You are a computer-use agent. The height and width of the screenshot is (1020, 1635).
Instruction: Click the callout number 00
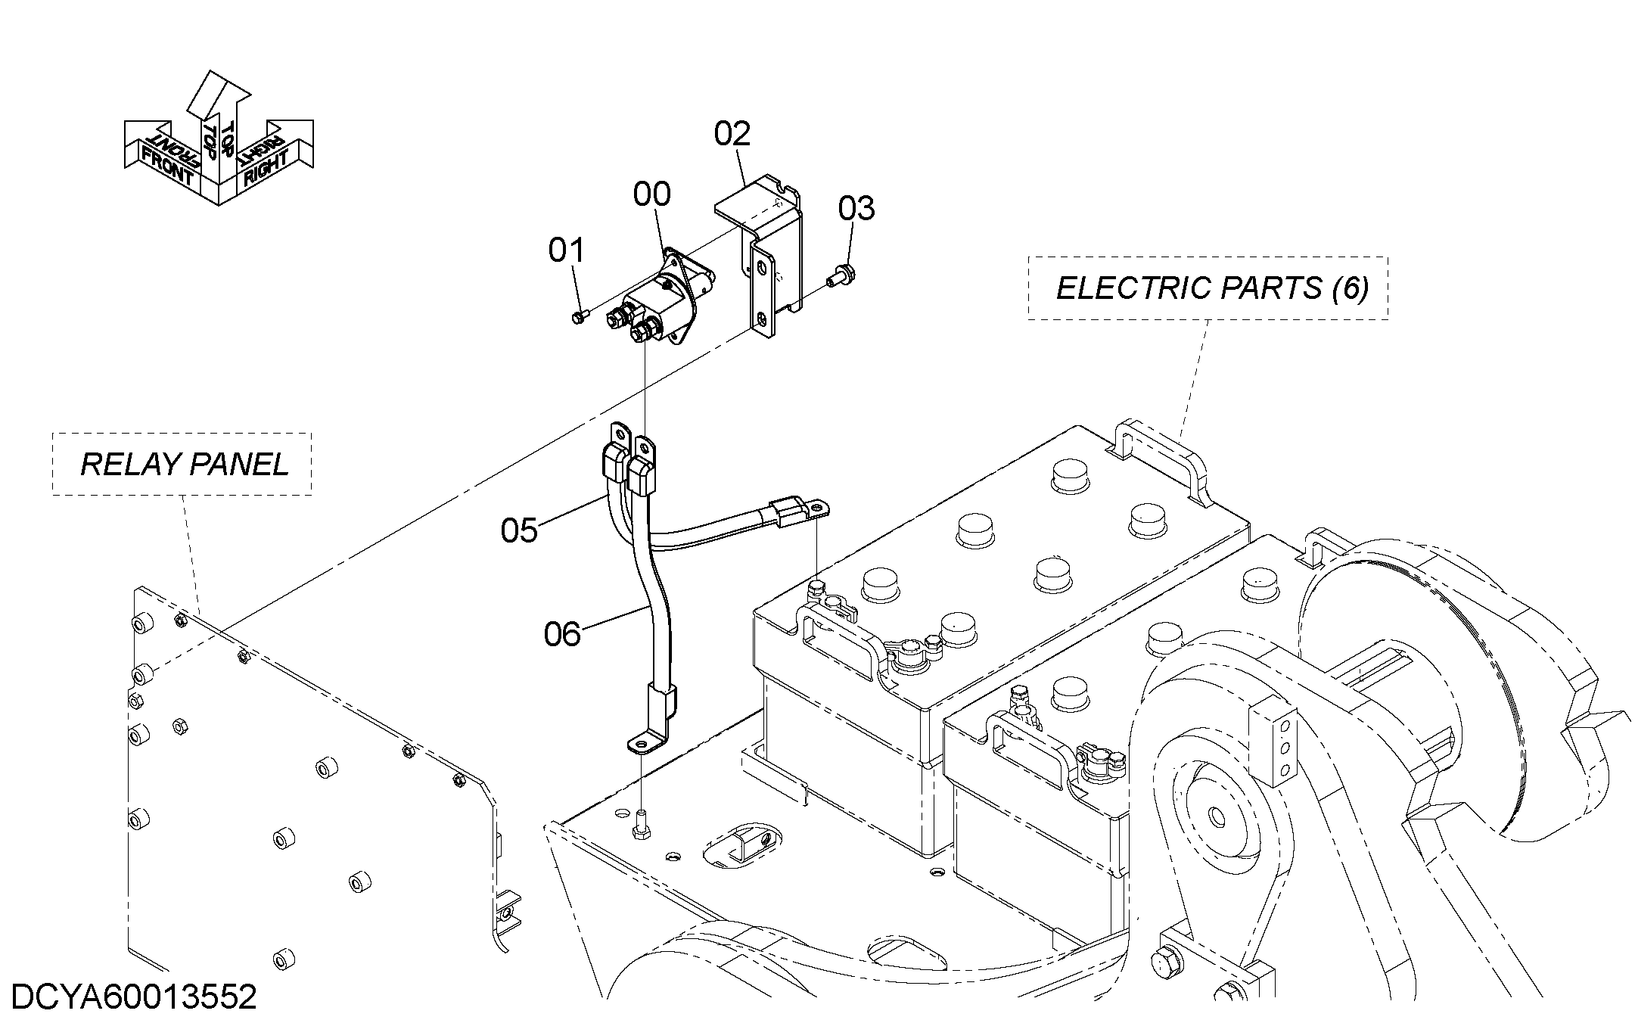coord(651,195)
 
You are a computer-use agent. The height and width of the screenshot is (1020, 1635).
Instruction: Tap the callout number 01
coord(567,250)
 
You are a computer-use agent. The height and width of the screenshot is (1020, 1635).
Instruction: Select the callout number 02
coord(732,134)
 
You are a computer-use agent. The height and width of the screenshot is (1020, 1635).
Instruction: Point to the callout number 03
coord(856,208)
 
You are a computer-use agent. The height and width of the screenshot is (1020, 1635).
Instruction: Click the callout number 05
coord(519,530)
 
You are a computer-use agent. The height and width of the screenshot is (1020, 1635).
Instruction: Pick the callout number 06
coord(562,634)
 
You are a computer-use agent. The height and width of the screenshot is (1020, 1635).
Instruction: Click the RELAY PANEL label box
coord(182,464)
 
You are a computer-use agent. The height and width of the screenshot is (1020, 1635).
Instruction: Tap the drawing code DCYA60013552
coord(135,997)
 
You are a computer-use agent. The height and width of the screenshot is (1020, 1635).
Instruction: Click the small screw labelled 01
coord(579,316)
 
